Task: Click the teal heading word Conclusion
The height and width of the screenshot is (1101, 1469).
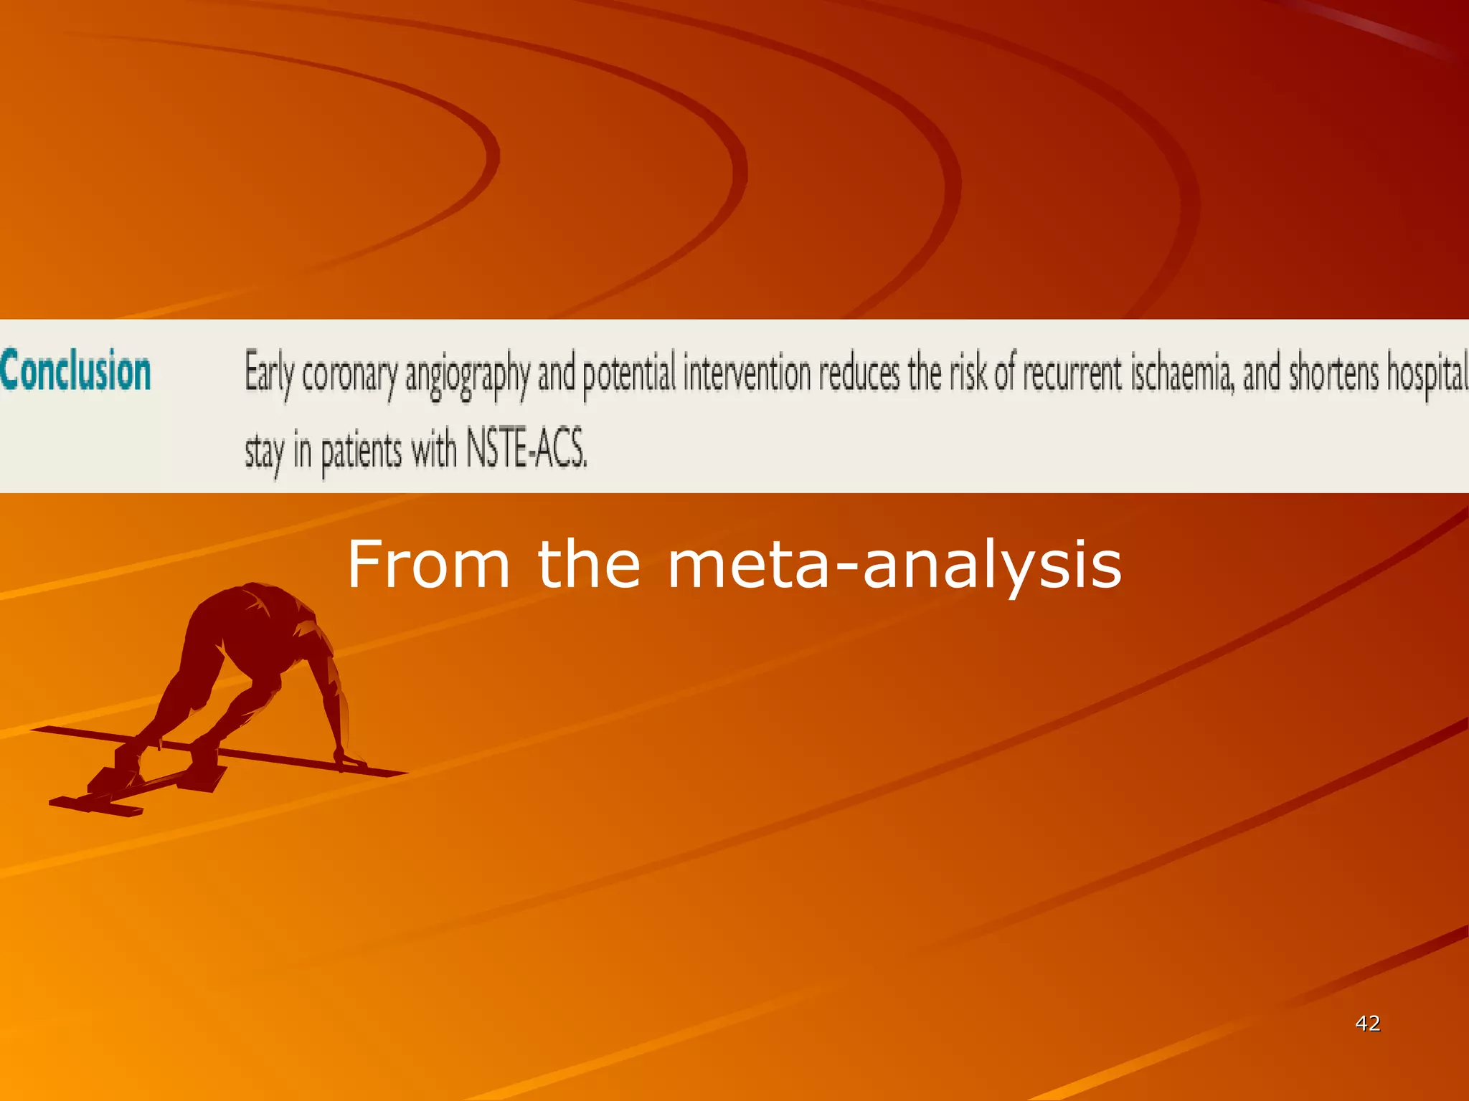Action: pos(76,371)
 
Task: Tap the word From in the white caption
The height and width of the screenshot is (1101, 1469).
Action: pos(428,565)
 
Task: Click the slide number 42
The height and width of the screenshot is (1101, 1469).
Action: pos(1367,1023)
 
